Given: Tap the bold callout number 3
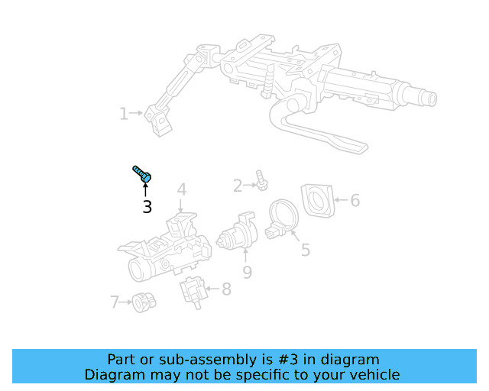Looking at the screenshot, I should click(147, 206).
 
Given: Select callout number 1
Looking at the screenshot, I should click(123, 114).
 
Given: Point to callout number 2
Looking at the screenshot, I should click(238, 185).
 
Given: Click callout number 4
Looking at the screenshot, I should click(182, 189).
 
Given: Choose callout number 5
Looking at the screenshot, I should click(305, 250).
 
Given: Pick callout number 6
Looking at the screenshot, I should click(355, 201).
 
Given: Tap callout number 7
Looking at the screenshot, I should click(115, 302).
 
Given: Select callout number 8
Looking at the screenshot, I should click(226, 289).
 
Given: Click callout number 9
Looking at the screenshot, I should click(247, 272).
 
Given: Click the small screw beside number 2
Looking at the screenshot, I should click(261, 180).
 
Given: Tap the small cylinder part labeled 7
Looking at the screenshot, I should click(141, 302).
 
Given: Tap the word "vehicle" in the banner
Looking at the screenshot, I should click(374, 375).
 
